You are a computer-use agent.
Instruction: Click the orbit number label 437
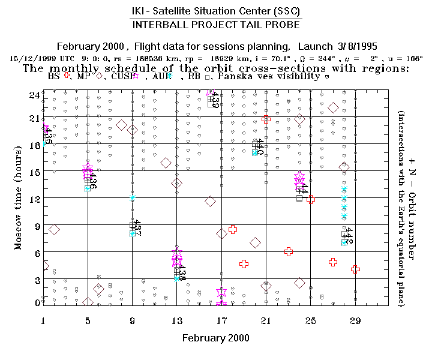[137, 228]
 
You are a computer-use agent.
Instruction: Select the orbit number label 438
[182, 274]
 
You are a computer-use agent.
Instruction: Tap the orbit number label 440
[260, 146]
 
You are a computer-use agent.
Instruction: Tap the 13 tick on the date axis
[176, 321]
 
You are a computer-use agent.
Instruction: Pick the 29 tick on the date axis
[355, 321]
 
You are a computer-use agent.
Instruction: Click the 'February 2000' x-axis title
[215, 338]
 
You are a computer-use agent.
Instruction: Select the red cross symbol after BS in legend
[67, 76]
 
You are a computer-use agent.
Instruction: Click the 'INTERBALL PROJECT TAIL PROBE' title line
[216, 25]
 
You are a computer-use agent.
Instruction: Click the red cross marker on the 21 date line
[266, 119]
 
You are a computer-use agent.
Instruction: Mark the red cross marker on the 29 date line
[355, 269]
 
